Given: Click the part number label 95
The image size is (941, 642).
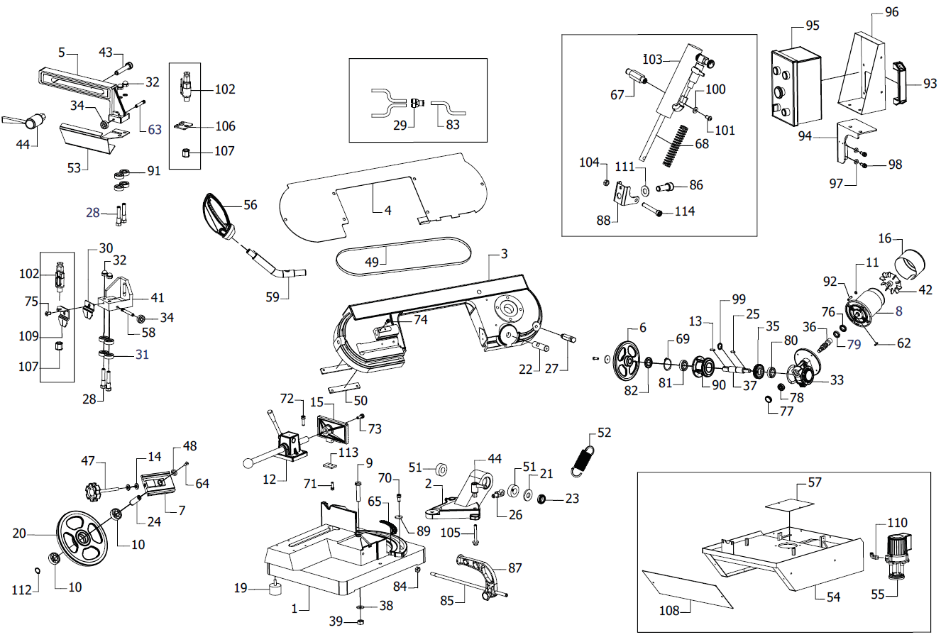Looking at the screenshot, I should [813, 26].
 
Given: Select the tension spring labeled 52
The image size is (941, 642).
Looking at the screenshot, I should [585, 458].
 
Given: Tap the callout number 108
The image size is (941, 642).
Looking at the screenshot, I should [669, 610].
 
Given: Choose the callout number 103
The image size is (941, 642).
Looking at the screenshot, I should [652, 59].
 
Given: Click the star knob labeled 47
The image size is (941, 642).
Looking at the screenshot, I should [91, 489].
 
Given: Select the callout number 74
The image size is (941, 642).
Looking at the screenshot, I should [421, 320].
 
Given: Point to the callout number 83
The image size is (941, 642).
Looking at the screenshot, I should [453, 125].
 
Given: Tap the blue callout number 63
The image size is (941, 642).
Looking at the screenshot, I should [155, 129].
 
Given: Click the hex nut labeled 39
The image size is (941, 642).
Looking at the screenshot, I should [360, 622].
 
